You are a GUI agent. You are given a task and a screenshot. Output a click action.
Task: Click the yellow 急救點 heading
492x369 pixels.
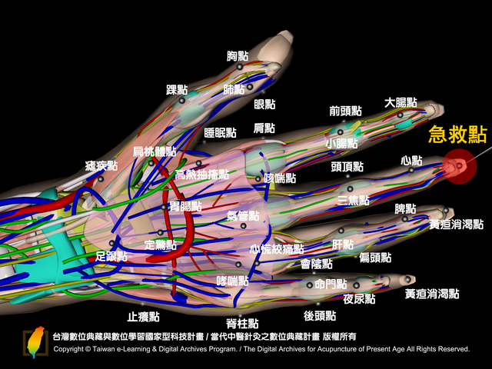(x=458, y=135)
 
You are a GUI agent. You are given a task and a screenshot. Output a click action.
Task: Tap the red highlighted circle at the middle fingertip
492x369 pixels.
(x=460, y=166)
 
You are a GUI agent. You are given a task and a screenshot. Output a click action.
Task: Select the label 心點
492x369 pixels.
(x=411, y=161)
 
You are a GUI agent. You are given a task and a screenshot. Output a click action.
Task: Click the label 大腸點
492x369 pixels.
(x=401, y=102)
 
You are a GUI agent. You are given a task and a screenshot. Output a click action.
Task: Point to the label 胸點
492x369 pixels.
(x=238, y=56)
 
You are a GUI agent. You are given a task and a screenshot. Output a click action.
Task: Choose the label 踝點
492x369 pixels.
(x=177, y=90)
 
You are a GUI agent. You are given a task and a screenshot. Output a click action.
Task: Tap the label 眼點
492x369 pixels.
(x=264, y=105)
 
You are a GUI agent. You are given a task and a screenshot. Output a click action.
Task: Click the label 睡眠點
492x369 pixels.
(x=221, y=133)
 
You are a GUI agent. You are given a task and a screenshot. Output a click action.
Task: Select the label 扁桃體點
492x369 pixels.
(x=154, y=151)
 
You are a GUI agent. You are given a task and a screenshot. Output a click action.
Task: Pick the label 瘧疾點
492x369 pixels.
(x=101, y=166)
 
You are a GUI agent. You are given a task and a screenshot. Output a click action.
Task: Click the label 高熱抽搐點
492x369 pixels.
(x=202, y=175)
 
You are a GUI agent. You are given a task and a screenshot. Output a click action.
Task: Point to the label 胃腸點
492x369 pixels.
(x=185, y=207)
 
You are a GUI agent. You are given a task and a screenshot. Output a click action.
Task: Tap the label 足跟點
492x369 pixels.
(x=111, y=256)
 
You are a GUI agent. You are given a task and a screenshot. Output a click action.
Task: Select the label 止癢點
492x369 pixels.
(x=144, y=317)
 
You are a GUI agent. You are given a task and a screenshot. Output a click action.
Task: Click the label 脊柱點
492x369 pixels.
(x=242, y=323)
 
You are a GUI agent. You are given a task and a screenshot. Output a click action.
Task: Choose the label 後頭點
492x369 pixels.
(x=320, y=316)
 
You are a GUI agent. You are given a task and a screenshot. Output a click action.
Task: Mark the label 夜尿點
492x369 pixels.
(x=359, y=299)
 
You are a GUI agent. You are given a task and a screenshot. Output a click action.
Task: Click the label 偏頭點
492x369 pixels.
(x=375, y=258)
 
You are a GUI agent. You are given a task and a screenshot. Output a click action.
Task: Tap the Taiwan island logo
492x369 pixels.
(x=35, y=342)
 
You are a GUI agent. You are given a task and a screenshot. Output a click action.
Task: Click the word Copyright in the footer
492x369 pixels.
(x=68, y=349)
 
